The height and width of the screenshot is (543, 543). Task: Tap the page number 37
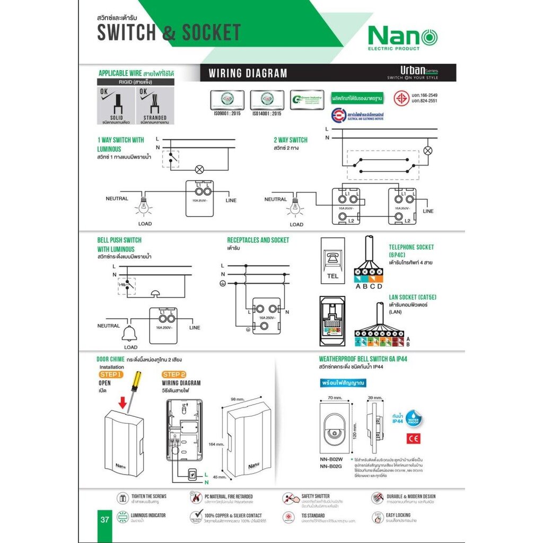104,519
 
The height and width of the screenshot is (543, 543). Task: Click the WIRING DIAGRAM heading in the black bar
248,74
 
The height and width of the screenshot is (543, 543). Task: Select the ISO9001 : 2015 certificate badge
227,100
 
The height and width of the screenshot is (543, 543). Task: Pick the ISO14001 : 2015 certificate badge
267,100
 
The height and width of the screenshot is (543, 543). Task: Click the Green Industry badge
307,100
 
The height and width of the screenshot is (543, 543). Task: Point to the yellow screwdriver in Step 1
135,384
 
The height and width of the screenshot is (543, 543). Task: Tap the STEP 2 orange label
174,374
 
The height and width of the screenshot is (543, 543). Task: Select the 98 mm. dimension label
237,399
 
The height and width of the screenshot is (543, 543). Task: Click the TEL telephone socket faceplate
332,260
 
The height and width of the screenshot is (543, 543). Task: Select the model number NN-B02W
331,459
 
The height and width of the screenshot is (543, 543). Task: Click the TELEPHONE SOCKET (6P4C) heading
411,250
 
